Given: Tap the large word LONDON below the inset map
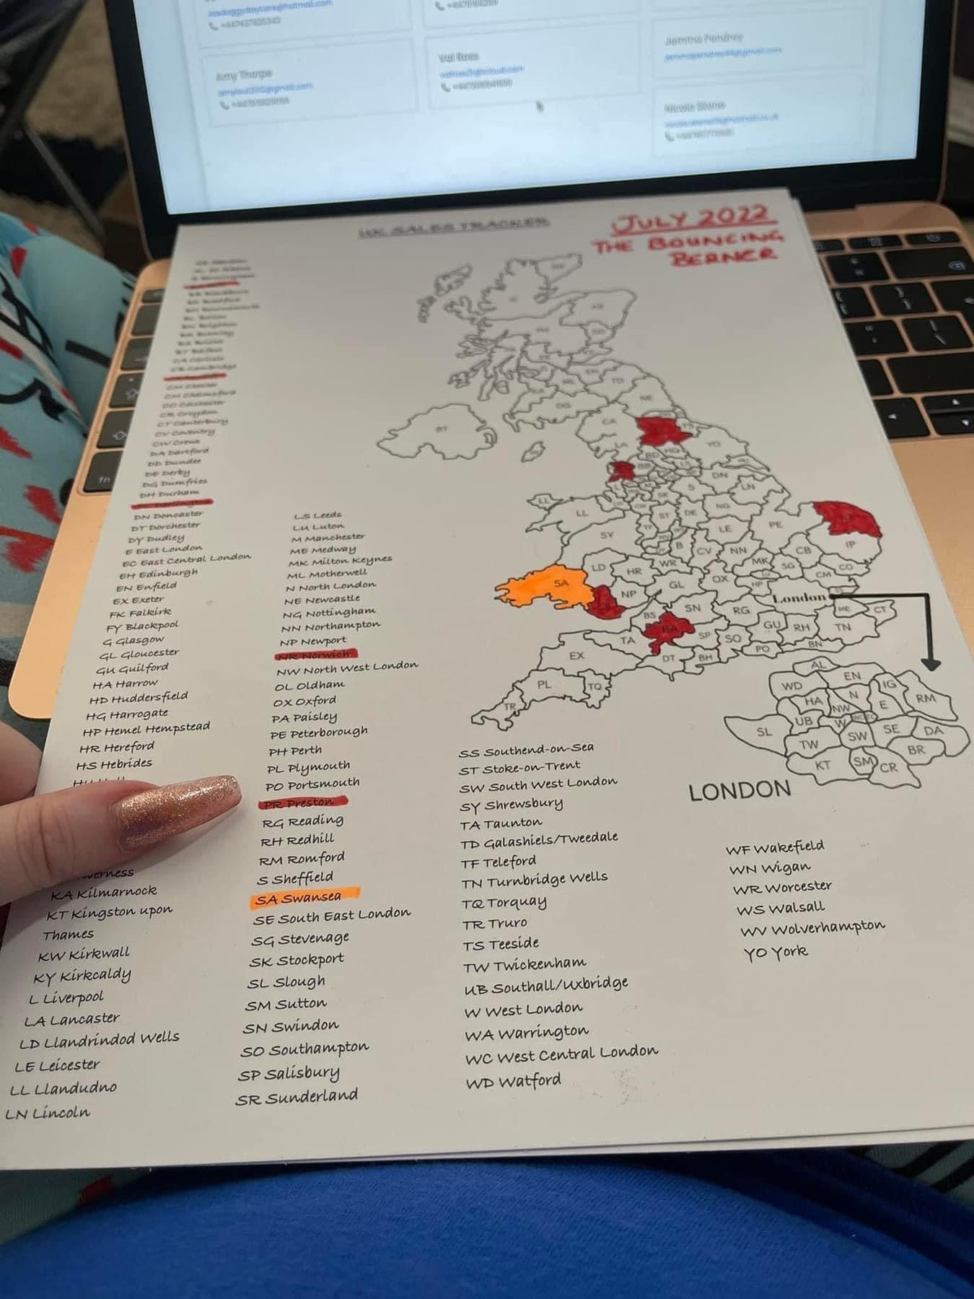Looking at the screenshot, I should (740, 790).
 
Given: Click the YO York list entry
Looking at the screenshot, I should (776, 952).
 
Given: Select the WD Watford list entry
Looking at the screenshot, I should (513, 1081).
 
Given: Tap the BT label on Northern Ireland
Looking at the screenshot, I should (442, 429).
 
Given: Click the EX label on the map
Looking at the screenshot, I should (576, 656).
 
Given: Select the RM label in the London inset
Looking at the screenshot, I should (925, 698).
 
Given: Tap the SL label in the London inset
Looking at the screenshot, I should (763, 732).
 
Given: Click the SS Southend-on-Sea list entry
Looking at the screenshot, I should (527, 751).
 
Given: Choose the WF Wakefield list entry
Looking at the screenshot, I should (775, 847).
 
